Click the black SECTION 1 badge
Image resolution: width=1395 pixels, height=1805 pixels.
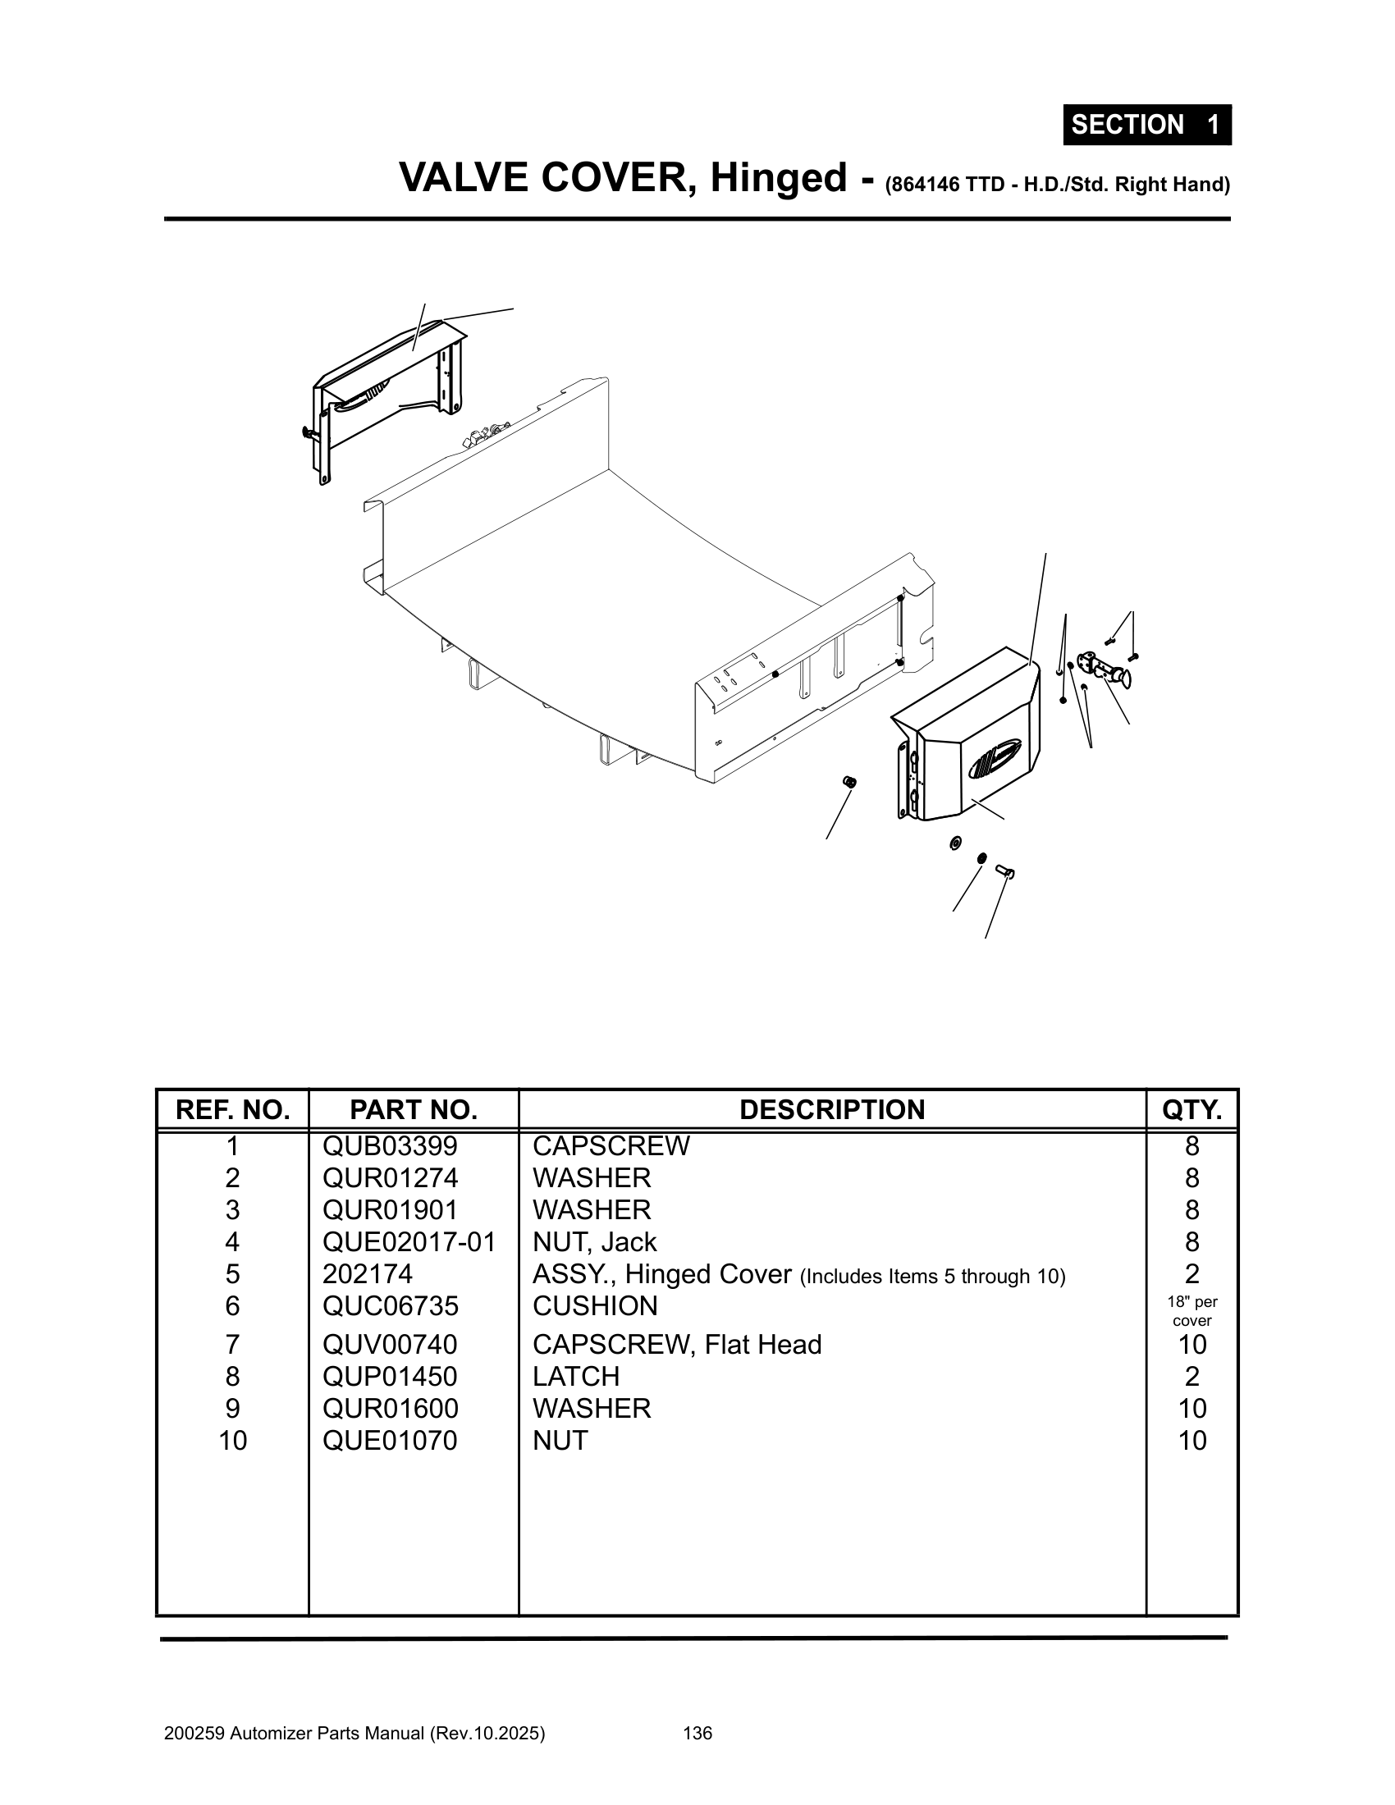[x=1146, y=125]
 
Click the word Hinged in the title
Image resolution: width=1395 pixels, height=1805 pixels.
[x=779, y=179]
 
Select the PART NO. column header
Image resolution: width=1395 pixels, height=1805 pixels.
[x=414, y=1109]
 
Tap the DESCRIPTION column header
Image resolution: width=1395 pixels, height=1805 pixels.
[x=831, y=1109]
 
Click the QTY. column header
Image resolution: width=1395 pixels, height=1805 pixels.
[x=1191, y=1109]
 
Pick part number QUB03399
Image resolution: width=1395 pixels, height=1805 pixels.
[x=389, y=1146]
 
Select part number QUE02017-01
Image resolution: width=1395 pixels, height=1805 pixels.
[x=409, y=1242]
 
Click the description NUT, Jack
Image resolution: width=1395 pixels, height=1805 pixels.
[x=594, y=1242]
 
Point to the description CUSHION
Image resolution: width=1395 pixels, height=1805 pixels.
[x=595, y=1306]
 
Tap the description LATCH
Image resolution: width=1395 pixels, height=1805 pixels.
[x=576, y=1376]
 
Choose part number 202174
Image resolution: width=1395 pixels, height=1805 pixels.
[x=367, y=1273]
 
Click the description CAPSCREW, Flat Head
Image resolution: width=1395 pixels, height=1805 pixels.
[x=677, y=1345]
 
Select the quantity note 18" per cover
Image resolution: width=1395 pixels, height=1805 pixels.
[x=1191, y=1311]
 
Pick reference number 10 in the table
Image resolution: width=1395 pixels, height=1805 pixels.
[x=232, y=1441]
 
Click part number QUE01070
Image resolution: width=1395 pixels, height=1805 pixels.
[x=389, y=1441]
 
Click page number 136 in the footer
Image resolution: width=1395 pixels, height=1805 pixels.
[x=697, y=1733]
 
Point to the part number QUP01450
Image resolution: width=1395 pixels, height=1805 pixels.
[x=389, y=1376]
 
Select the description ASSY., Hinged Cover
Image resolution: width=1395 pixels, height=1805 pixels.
[x=662, y=1274]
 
